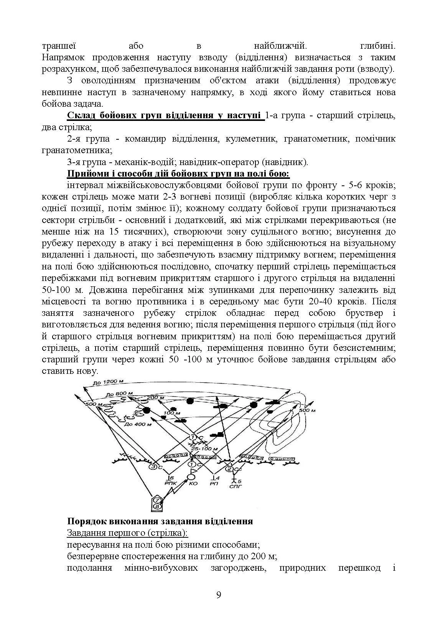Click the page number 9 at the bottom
coord(219,595)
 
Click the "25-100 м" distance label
coord(204,449)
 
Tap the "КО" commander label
coord(193,484)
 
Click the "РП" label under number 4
coord(214,484)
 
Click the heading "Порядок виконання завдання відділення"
coord(160,521)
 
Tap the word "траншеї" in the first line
coord(59,46)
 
